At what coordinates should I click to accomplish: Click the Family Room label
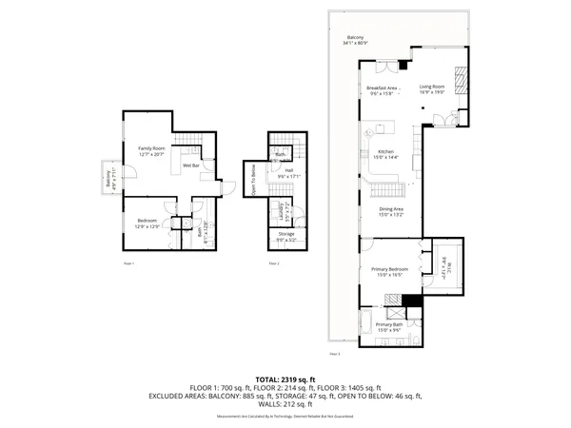pyautogui.click(x=151, y=148)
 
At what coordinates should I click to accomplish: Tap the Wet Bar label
pyautogui.click(x=190, y=165)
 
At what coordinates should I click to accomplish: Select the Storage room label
pyautogui.click(x=286, y=234)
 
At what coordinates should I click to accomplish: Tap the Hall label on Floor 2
pyautogui.click(x=288, y=172)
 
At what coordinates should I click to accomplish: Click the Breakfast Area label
pyautogui.click(x=382, y=88)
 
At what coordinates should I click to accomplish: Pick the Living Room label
pyautogui.click(x=433, y=88)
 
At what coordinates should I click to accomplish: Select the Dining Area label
pyautogui.click(x=392, y=211)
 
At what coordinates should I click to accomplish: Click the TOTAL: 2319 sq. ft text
pyautogui.click(x=285, y=379)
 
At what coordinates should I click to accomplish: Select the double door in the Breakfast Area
pyautogui.click(x=384, y=65)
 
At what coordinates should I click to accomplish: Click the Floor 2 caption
pyautogui.click(x=273, y=262)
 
